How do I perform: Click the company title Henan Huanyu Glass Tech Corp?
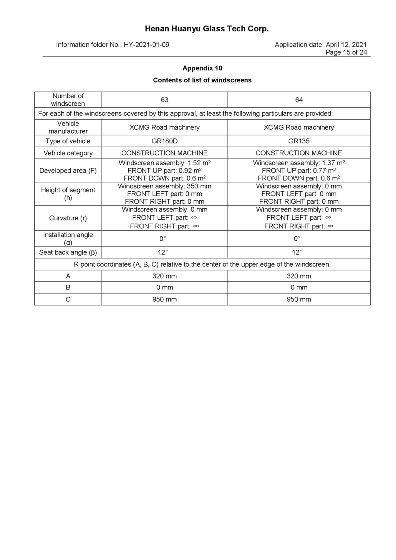tap(207, 29)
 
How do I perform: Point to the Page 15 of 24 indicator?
tap(346, 52)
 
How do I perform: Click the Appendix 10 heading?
tap(202, 68)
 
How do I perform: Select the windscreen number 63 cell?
tap(164, 100)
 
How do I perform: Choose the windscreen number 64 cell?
tap(299, 100)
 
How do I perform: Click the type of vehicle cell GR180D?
tap(164, 141)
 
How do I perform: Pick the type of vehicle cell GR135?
tap(299, 141)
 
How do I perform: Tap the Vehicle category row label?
tap(68, 153)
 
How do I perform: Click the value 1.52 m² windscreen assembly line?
tap(164, 163)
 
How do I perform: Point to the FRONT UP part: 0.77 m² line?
tap(299, 170)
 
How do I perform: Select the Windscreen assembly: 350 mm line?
tap(164, 186)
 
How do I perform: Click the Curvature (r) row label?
tap(68, 218)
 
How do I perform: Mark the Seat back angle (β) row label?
tap(68, 252)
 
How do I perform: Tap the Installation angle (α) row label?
tap(68, 238)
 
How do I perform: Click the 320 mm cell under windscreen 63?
tap(164, 276)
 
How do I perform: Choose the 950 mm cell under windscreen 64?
tap(299, 299)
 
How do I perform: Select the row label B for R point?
tap(68, 287)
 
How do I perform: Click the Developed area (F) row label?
tap(68, 171)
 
